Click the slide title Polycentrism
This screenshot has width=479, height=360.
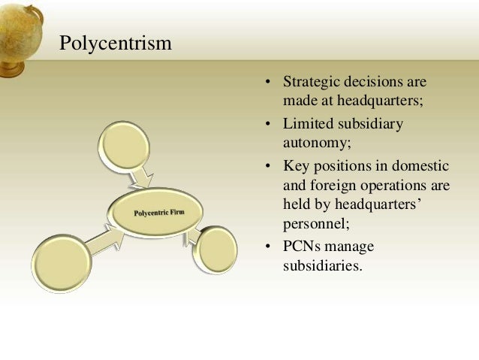[116, 43]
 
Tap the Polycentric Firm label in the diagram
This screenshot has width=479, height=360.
[159, 213]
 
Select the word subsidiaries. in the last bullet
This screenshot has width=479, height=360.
[324, 265]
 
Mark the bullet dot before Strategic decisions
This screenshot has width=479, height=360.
[267, 81]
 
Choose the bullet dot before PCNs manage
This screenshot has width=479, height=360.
[267, 247]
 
